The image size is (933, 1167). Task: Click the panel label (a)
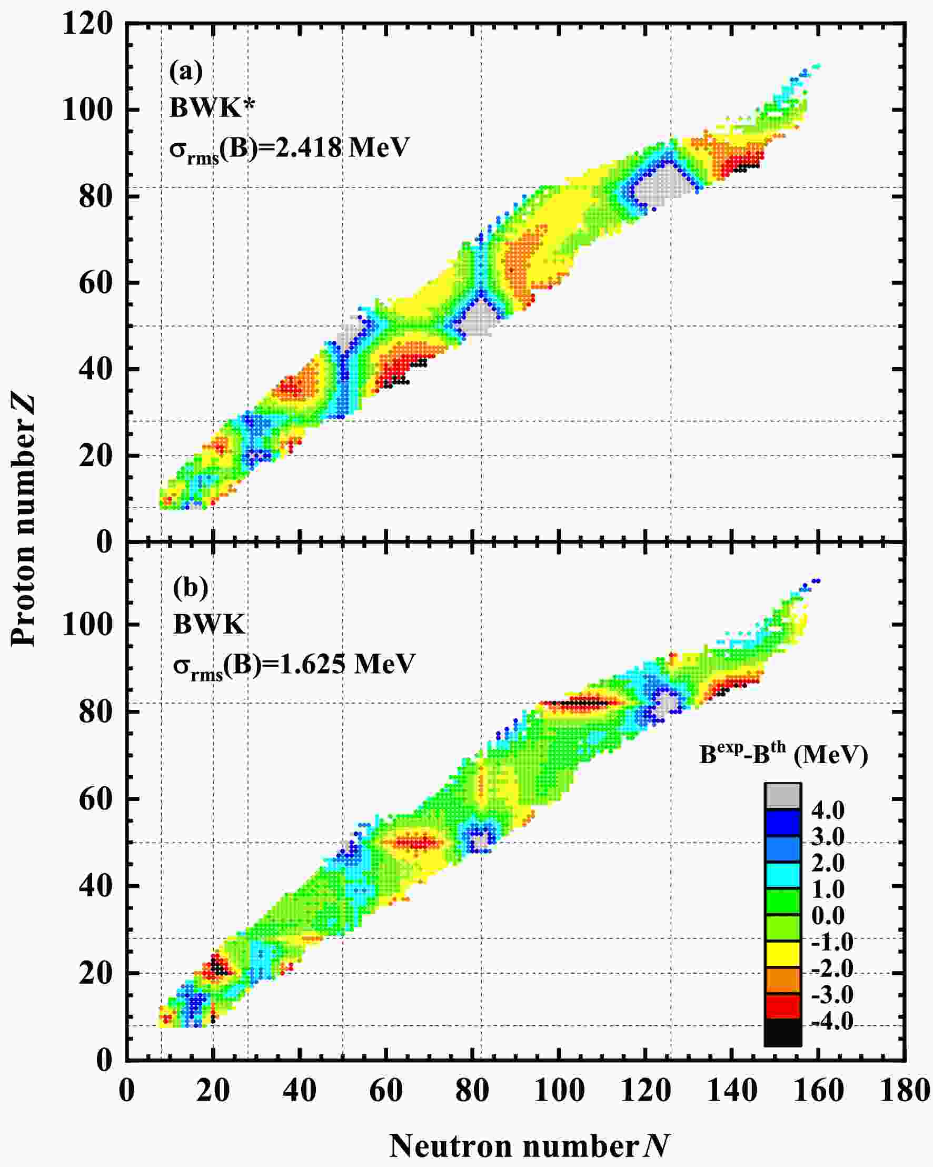(186, 72)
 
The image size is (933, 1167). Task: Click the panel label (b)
(191, 587)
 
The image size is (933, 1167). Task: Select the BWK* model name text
(205, 108)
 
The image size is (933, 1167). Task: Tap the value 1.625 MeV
(347, 664)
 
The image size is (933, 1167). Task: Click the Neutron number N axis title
(529, 1145)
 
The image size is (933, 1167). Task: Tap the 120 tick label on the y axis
(88, 24)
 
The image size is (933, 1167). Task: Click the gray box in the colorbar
(782, 796)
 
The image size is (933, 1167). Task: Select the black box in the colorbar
(782, 1032)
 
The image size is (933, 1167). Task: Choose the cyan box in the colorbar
(782, 875)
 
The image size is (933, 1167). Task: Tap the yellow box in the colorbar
(782, 954)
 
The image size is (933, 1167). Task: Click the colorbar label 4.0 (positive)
(828, 810)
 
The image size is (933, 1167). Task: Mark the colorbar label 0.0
(828, 916)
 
